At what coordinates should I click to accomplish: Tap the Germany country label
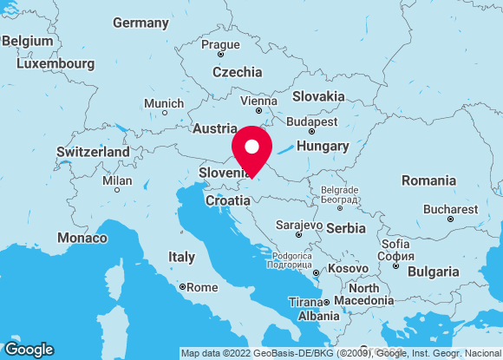(140, 22)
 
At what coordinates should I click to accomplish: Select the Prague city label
(220, 44)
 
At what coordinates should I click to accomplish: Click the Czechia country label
(237, 72)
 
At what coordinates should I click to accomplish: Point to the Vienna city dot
(258, 111)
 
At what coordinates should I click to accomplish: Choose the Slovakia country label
(318, 96)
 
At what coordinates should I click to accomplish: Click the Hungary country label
(323, 146)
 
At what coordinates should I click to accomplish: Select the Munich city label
(163, 103)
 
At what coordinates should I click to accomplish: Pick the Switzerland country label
(93, 152)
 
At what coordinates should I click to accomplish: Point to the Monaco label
(82, 237)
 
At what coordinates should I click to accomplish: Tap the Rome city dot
(182, 286)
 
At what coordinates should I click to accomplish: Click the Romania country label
(428, 180)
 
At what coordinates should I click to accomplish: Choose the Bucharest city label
(450, 209)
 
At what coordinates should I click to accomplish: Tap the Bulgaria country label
(434, 272)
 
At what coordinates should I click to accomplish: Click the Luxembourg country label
(56, 63)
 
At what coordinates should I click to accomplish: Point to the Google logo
(29, 349)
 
